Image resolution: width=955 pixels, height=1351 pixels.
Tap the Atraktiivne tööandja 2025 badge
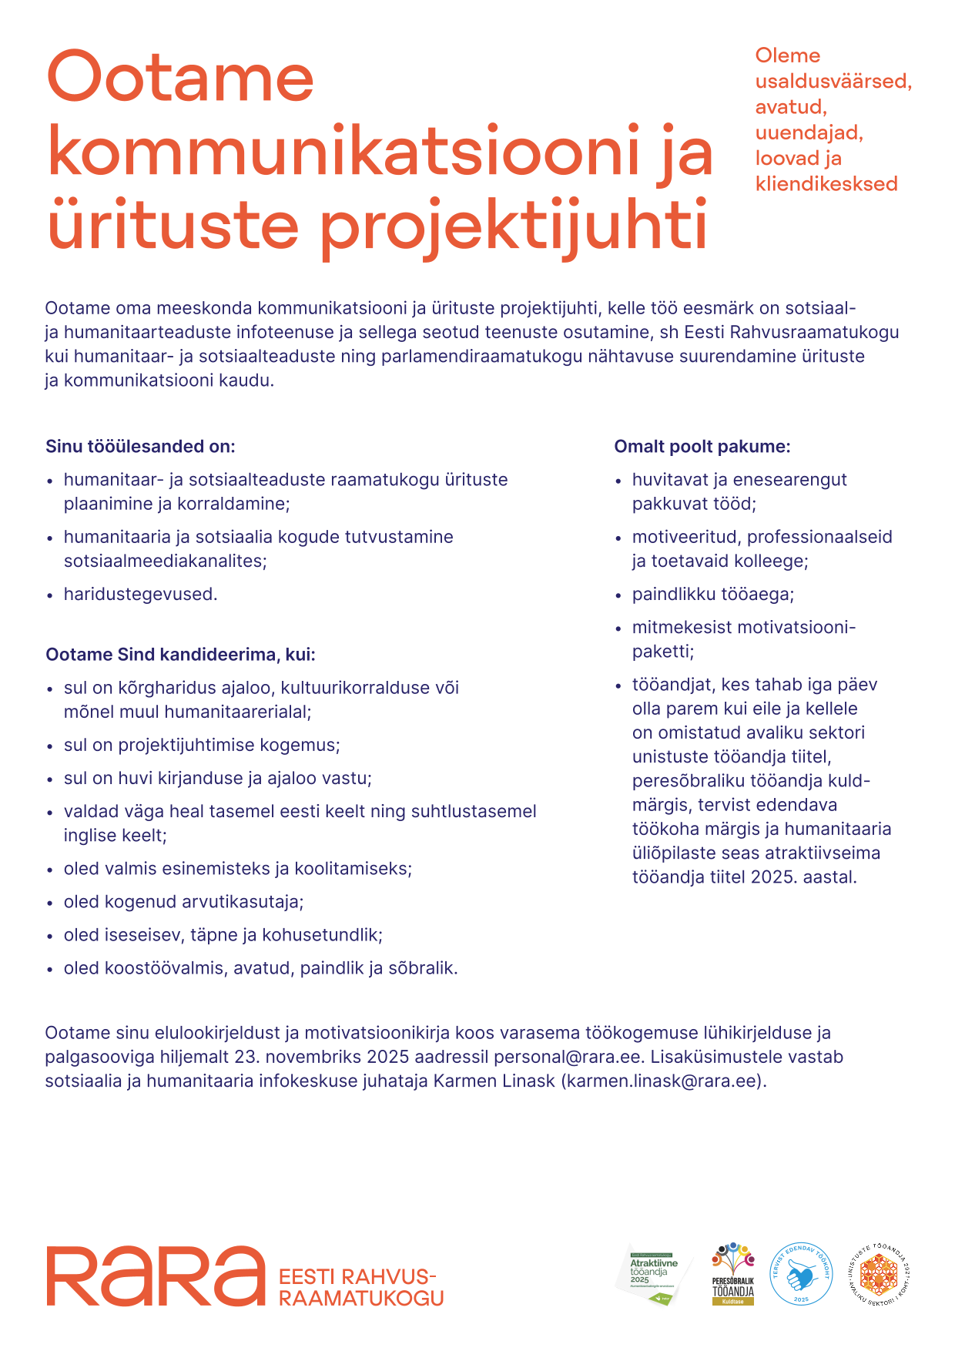pyautogui.click(x=654, y=1275)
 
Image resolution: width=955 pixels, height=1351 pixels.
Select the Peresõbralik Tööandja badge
pyautogui.click(x=732, y=1274)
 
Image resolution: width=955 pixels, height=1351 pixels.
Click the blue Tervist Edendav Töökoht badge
pyautogui.click(x=801, y=1274)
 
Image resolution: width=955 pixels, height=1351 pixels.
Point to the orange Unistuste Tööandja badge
pyautogui.click(x=879, y=1274)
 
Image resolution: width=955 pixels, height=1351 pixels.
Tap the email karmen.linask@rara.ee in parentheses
pyautogui.click(x=663, y=1081)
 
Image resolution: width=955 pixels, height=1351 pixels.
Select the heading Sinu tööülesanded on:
pyautogui.click(x=140, y=447)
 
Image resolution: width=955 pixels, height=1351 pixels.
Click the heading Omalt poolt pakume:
pyautogui.click(x=702, y=447)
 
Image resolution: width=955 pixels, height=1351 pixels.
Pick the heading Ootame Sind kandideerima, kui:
pyautogui.click(x=180, y=655)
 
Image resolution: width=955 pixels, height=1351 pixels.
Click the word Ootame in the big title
pyautogui.click(x=181, y=78)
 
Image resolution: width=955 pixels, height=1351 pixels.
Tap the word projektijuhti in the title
pyautogui.click(x=513, y=226)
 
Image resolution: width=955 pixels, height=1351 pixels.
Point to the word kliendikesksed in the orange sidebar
pyautogui.click(x=826, y=184)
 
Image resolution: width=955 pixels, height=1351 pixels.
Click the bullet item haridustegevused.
pyautogui.click(x=140, y=594)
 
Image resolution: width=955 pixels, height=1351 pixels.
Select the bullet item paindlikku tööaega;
pyautogui.click(x=712, y=594)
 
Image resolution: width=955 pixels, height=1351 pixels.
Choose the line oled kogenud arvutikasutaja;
pyautogui.click(x=183, y=901)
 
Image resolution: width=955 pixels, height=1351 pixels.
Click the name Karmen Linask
pyautogui.click(x=494, y=1081)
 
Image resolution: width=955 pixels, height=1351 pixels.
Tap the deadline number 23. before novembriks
pyautogui.click(x=247, y=1057)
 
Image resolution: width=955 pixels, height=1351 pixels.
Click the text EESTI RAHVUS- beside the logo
pyautogui.click(x=357, y=1277)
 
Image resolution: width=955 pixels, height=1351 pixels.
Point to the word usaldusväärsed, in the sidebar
pyautogui.click(x=833, y=81)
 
